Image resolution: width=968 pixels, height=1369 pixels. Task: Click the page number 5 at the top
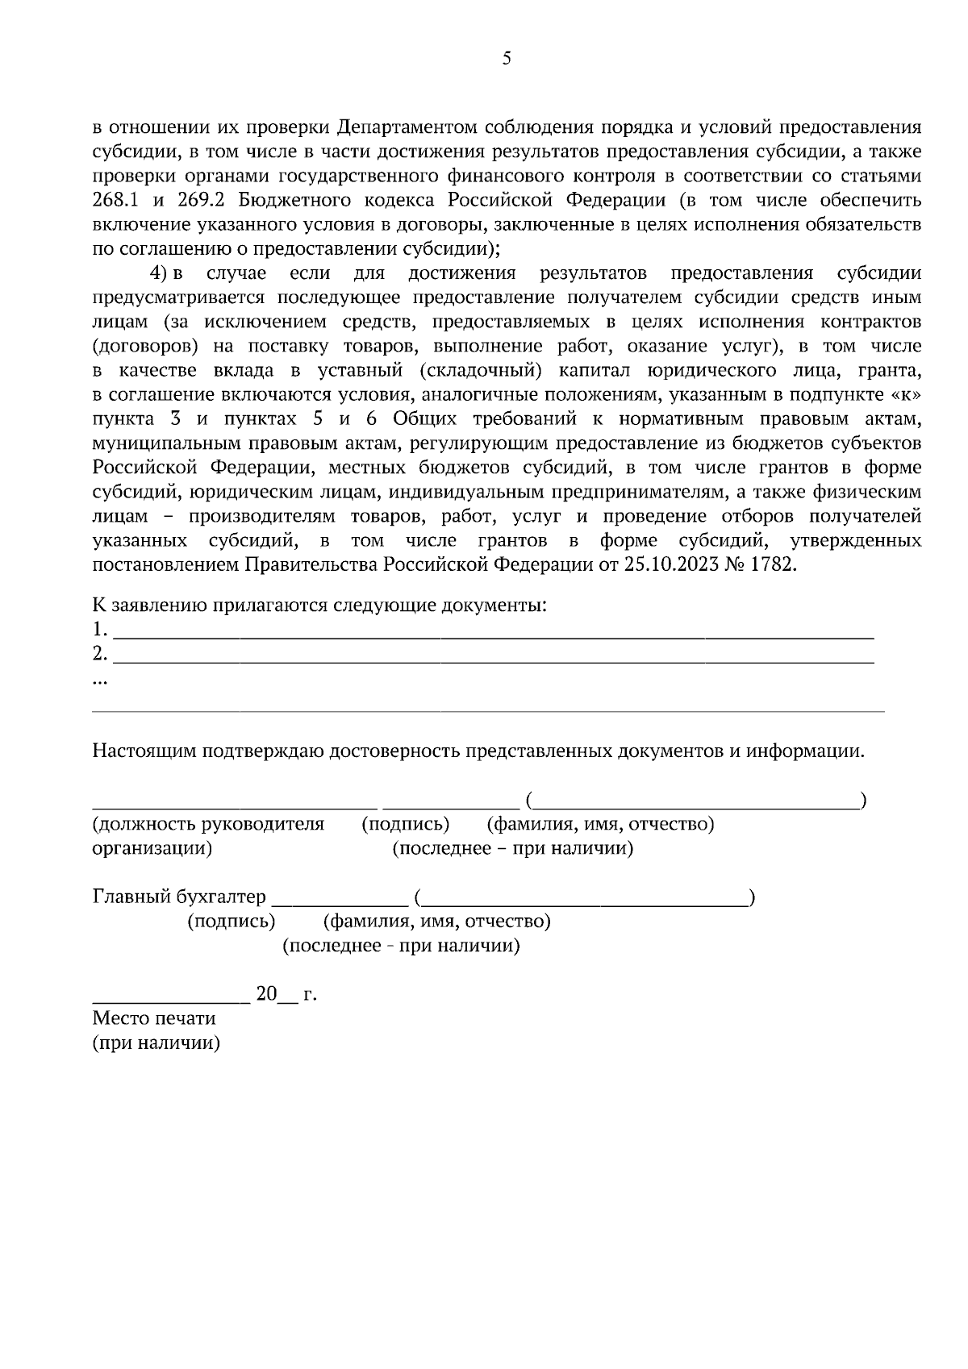pyautogui.click(x=507, y=58)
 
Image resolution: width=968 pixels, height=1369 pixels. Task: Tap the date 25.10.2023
pyautogui.click(x=666, y=564)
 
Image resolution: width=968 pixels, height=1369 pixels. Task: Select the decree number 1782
pyautogui.click(x=773, y=564)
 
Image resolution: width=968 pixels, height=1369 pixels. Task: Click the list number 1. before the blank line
pyautogui.click(x=99, y=629)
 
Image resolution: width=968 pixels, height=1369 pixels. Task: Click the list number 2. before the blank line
pyautogui.click(x=99, y=653)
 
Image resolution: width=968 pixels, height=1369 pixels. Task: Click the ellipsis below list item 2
pyautogui.click(x=100, y=681)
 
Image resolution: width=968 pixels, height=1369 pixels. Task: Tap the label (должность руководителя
pyautogui.click(x=208, y=825)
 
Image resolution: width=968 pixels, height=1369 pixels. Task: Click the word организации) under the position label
pyautogui.click(x=152, y=849)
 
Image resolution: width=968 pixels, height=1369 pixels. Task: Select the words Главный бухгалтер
pyautogui.click(x=178, y=897)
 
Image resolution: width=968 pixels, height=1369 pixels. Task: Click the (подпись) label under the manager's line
pyautogui.click(x=406, y=825)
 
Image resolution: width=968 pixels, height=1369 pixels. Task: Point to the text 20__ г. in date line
pyautogui.click(x=286, y=994)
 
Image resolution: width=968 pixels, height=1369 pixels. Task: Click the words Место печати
pyautogui.click(x=154, y=1018)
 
